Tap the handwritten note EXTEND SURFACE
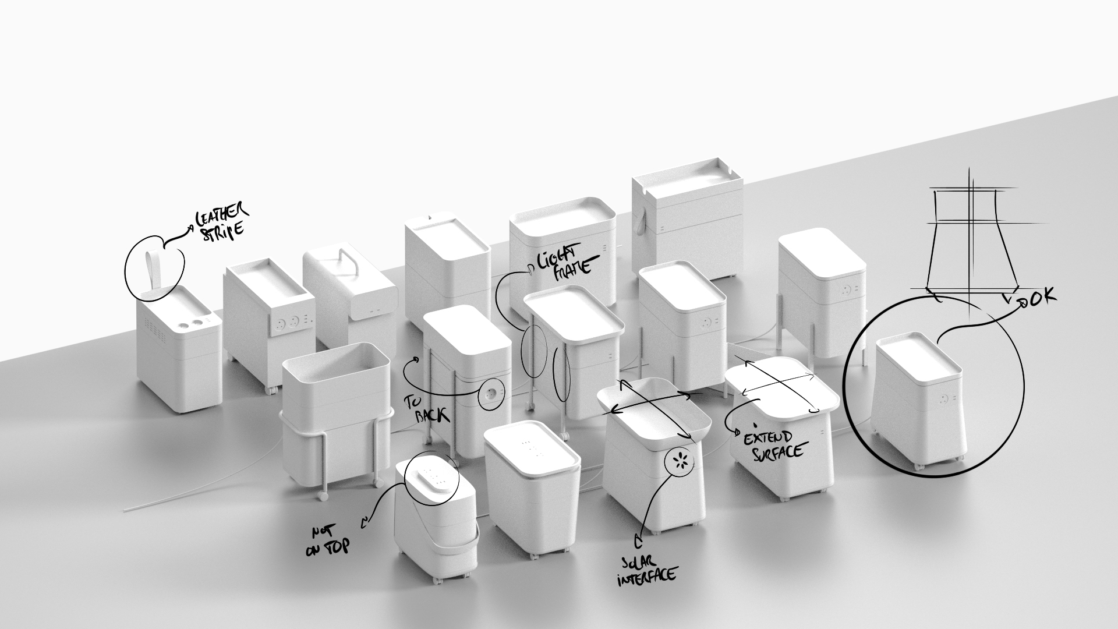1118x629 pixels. click(x=772, y=444)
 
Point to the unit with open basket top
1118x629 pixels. click(x=335, y=408)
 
